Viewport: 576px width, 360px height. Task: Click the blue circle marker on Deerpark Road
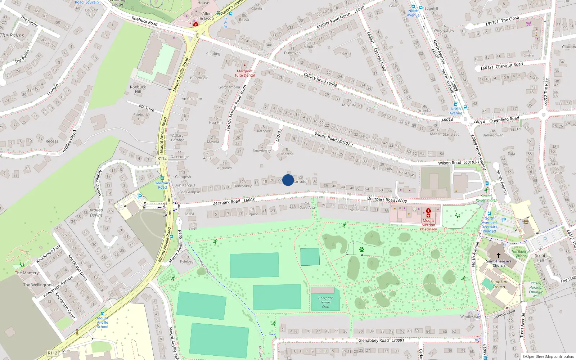288,180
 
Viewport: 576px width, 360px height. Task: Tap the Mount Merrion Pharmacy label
428,225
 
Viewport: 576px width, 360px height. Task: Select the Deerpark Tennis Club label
325,302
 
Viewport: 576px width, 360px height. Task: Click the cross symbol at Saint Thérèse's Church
499,255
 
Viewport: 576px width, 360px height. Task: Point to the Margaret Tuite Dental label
245,73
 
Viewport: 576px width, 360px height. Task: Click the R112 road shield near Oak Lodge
162,158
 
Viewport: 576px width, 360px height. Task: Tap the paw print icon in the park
362,249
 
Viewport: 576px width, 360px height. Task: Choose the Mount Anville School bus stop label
103,322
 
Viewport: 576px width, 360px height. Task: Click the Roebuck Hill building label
138,89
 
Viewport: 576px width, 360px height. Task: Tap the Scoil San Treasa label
499,284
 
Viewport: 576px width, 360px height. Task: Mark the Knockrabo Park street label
49,254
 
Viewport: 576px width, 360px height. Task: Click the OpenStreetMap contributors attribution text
548,357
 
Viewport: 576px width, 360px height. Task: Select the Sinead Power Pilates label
486,198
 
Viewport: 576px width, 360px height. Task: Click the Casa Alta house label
307,207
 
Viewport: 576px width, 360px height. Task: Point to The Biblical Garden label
521,254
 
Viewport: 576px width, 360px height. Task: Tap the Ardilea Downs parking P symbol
140,197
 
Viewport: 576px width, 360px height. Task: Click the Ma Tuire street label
147,108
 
